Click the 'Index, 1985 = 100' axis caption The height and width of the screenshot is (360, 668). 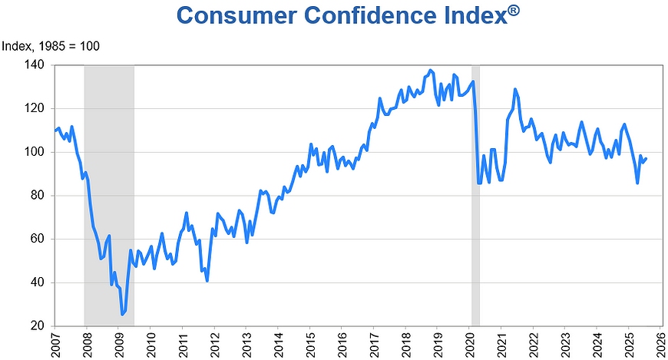(x=51, y=47)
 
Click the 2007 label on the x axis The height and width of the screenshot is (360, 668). (x=56, y=344)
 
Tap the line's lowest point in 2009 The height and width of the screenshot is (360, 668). (x=122, y=314)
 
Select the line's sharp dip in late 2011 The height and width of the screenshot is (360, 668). (x=207, y=280)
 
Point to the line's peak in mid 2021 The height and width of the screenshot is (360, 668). (x=515, y=89)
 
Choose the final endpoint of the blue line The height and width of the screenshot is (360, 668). (x=646, y=159)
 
